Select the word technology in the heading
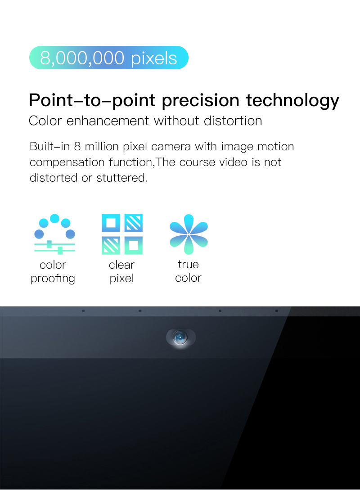pyautogui.click(x=292, y=101)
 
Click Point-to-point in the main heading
pyautogui.click(x=92, y=101)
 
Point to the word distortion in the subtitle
pyautogui.click(x=233, y=121)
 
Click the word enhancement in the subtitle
pyautogui.click(x=108, y=121)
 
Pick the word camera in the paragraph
pyautogui.click(x=171, y=147)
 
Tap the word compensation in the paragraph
pyautogui.click(x=67, y=162)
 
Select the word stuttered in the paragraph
pyautogui.click(x=121, y=178)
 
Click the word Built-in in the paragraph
pyautogui.click(x=49, y=146)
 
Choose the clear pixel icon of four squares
pyautogui.click(x=122, y=234)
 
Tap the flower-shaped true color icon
pyautogui.click(x=189, y=234)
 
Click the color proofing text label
pyautogui.click(x=53, y=272)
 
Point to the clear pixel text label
pyautogui.click(x=121, y=272)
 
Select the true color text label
pyautogui.click(x=188, y=271)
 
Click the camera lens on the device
pyautogui.click(x=180, y=337)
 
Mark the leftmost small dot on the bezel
pyautogui.click(x=83, y=311)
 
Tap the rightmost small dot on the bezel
pyautogui.click(x=277, y=311)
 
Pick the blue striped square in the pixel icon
pyautogui.click(x=134, y=223)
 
